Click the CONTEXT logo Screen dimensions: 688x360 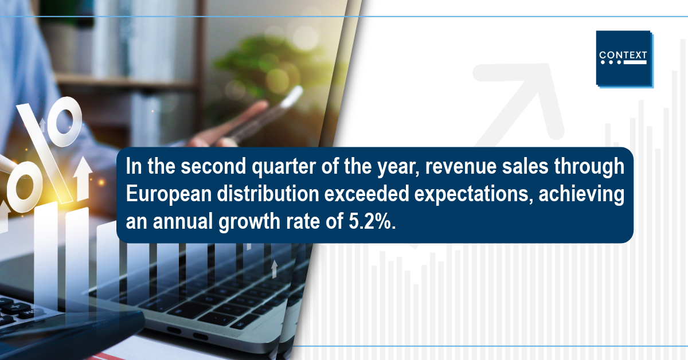point(624,59)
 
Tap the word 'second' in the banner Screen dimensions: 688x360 point(213,166)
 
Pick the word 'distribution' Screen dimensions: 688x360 point(268,194)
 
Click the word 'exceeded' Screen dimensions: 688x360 point(367,194)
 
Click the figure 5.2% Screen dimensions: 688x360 point(372,221)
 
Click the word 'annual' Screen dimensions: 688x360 point(183,221)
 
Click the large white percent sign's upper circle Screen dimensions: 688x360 point(64,122)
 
